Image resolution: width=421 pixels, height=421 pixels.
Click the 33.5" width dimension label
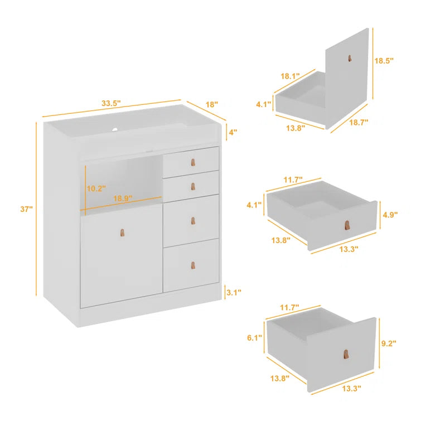coord(111,103)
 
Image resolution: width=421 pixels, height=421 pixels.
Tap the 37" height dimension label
coord(26,209)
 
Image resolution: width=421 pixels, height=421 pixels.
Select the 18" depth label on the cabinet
coord(212,104)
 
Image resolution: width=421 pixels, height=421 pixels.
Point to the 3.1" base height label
coord(234,292)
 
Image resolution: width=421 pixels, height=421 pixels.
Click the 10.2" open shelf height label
coord(96,188)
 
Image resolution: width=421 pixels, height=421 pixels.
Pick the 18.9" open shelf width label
coord(123,199)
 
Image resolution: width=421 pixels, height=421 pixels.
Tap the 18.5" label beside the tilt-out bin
coord(384,61)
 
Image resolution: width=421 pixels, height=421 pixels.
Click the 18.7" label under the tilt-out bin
coord(359,123)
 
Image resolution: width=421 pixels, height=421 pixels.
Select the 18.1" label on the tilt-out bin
coord(291,76)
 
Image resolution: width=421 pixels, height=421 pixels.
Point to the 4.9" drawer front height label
coord(390,215)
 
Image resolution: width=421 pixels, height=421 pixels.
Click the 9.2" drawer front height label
coord(389,343)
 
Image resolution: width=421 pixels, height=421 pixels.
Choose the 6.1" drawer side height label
coord(254,338)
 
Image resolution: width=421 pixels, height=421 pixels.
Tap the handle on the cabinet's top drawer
coord(193,162)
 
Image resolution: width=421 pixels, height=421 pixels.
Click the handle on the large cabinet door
coord(123,233)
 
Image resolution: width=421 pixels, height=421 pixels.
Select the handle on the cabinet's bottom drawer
coord(193,265)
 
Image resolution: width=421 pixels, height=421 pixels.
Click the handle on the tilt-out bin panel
coord(350,58)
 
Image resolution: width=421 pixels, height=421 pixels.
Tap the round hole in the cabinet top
coord(115,130)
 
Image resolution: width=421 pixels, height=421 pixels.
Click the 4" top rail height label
coord(233,132)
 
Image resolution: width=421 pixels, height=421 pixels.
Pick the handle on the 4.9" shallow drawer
coord(347,225)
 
